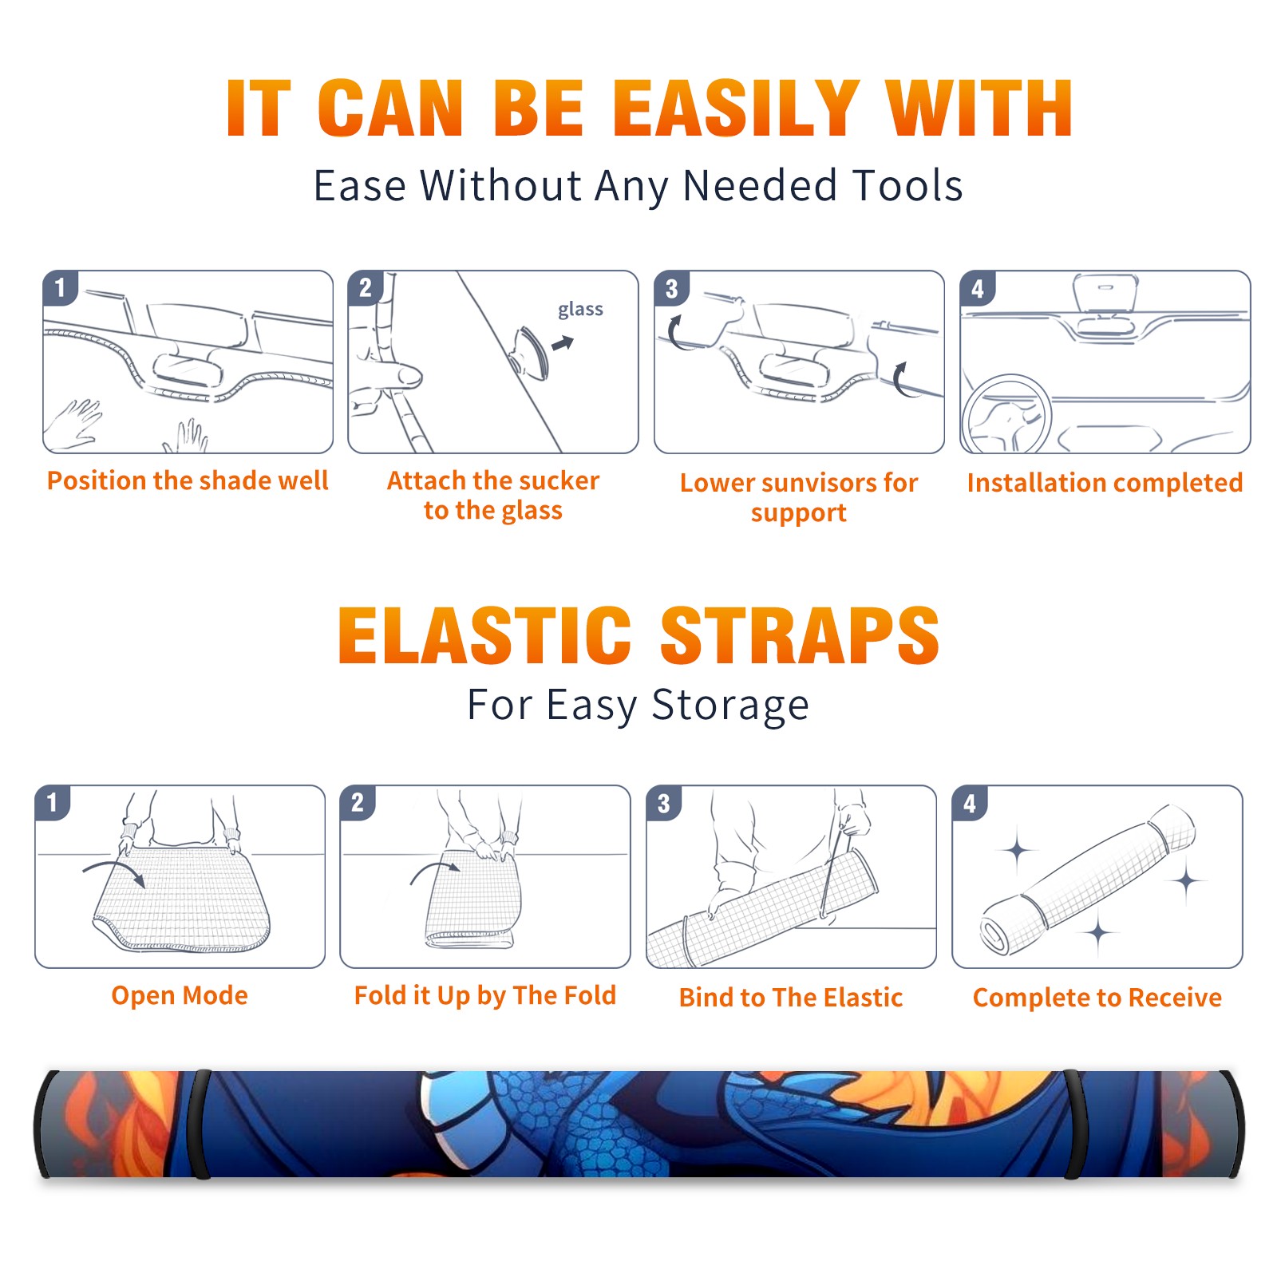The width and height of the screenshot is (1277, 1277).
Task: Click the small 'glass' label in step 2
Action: point(580,310)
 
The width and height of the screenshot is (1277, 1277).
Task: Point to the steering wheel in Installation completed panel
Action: point(1007,413)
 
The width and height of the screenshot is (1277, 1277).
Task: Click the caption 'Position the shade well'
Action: point(188,480)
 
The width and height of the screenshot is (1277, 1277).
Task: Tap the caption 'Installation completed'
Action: point(1105,482)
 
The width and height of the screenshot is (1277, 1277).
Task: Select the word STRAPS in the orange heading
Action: point(800,635)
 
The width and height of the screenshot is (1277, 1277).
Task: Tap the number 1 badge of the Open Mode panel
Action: point(53,802)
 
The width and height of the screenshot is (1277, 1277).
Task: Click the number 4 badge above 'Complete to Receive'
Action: point(970,803)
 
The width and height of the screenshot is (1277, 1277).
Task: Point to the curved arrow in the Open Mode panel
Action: point(114,871)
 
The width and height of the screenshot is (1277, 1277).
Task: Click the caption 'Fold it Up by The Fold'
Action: point(485,996)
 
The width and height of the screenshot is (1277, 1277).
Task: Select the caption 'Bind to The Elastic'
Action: point(791,998)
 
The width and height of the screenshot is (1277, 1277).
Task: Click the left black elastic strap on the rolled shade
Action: point(200,1124)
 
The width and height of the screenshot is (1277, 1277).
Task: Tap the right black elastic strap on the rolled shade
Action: point(1074,1124)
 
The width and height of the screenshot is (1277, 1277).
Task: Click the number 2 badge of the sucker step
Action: point(366,288)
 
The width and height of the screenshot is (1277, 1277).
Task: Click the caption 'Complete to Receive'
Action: point(1097,998)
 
